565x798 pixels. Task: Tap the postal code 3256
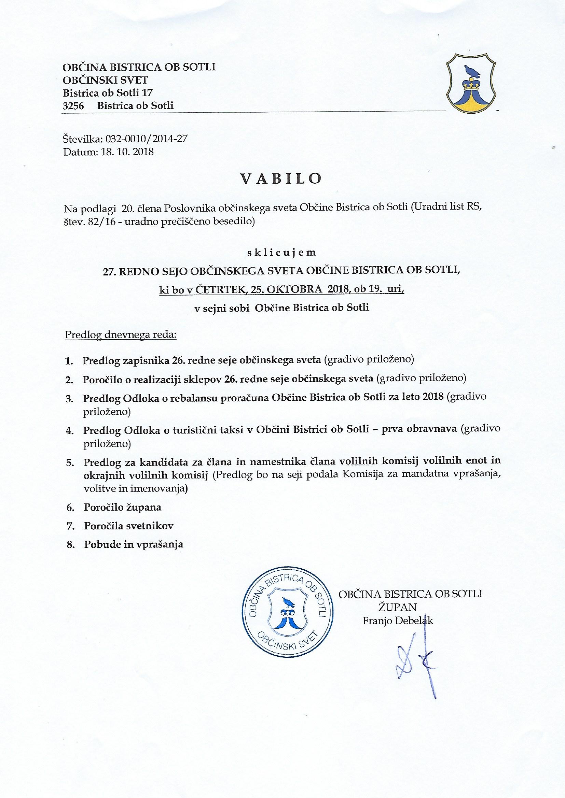pyautogui.click(x=73, y=106)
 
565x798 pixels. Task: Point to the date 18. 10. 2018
pyautogui.click(x=127, y=152)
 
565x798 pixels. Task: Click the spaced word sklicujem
pyautogui.click(x=281, y=252)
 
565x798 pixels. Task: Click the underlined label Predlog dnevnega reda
pyautogui.click(x=121, y=336)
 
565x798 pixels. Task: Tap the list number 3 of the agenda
pyautogui.click(x=69, y=399)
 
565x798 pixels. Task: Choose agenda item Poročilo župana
pyautogui.click(x=123, y=508)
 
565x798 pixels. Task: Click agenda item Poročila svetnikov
pyautogui.click(x=129, y=526)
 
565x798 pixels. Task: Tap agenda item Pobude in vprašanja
pyautogui.click(x=134, y=544)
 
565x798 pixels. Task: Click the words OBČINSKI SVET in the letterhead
pyautogui.click(x=105, y=80)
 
